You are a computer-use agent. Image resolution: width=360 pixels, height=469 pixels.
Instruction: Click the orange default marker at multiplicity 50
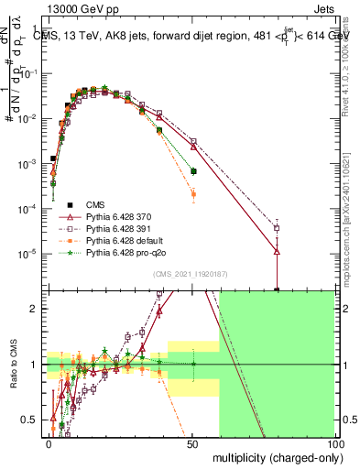[x=192, y=194]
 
